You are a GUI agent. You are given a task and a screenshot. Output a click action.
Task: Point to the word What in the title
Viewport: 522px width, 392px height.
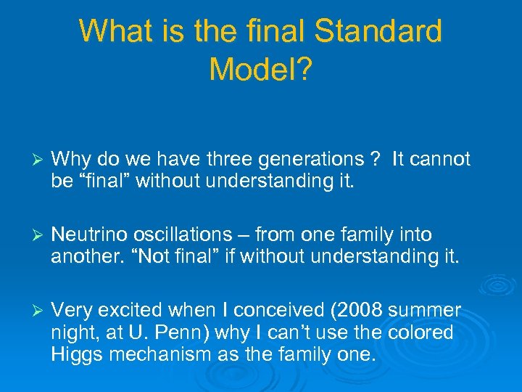[x=112, y=31]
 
